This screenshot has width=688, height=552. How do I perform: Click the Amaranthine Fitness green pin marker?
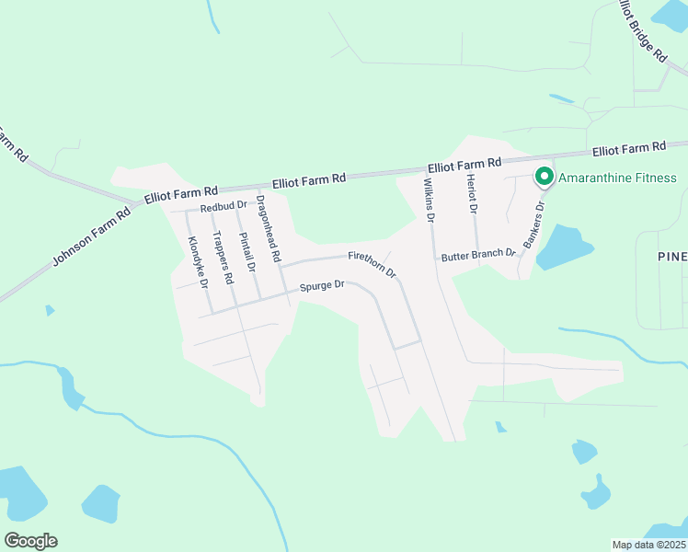tap(544, 175)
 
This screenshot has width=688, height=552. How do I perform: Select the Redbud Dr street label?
tap(224, 206)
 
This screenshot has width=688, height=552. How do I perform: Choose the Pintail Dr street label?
tap(247, 253)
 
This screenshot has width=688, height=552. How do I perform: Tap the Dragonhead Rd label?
tap(268, 229)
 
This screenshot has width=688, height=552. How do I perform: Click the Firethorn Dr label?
tap(372, 264)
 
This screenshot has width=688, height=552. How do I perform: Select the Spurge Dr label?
tap(321, 285)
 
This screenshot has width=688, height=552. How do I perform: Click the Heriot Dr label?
tap(472, 194)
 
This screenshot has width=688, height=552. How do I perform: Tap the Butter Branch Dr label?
tap(477, 254)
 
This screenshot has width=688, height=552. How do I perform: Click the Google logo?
tap(30, 540)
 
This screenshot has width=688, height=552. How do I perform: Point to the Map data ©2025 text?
tap(648, 545)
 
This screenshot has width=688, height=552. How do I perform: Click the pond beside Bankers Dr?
tap(567, 247)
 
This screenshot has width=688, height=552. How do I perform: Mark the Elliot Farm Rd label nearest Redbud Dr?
tap(180, 195)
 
